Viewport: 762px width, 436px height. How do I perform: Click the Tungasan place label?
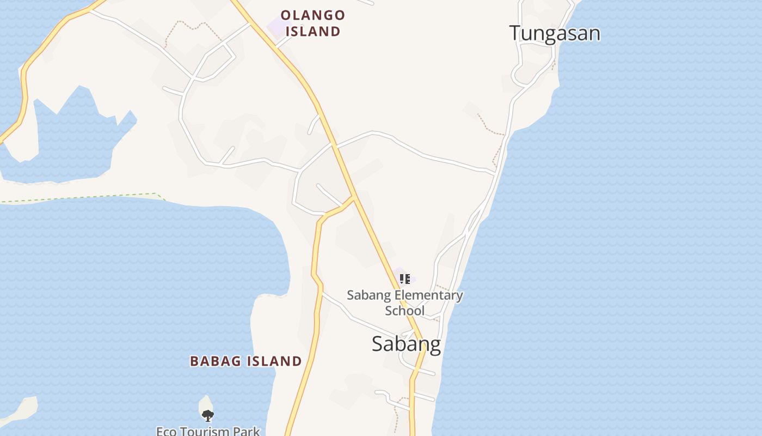(555, 33)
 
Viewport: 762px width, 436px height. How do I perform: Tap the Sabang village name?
(406, 344)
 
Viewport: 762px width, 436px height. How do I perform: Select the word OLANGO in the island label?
(313, 15)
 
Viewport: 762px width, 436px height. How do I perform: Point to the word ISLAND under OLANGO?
(313, 31)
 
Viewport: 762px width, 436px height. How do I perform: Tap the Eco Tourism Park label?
(208, 431)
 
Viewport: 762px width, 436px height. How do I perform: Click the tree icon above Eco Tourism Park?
(207, 416)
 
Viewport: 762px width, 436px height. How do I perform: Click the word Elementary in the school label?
(428, 295)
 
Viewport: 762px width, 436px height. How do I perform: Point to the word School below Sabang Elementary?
(404, 311)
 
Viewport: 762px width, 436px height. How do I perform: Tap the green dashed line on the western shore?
(82, 198)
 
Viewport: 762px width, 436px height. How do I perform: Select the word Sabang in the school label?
(369, 295)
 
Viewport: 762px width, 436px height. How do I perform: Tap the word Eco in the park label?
(167, 431)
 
